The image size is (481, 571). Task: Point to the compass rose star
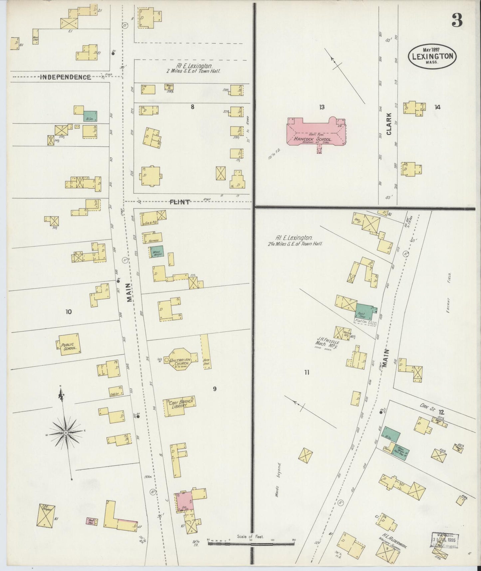click(x=66, y=432)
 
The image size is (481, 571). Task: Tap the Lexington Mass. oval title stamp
click(x=432, y=57)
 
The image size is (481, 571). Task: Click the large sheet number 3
click(x=457, y=21)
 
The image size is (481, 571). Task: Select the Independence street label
click(x=65, y=77)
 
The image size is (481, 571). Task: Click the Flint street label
click(x=180, y=202)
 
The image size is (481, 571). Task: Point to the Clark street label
click(x=389, y=124)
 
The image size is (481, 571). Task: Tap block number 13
click(x=322, y=107)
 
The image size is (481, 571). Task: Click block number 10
click(x=69, y=312)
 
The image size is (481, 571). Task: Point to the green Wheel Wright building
click(x=156, y=252)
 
